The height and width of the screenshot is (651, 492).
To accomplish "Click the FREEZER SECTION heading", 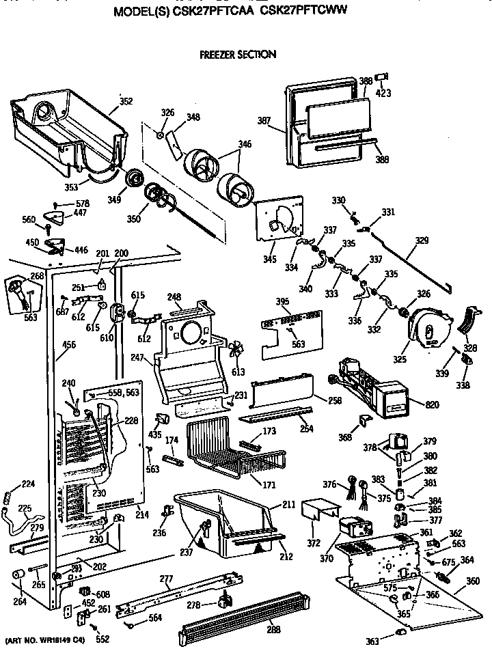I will point(237,55).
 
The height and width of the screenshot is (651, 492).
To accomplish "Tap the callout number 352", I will point(126,103).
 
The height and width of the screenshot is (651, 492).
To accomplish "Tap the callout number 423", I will point(383,93).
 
